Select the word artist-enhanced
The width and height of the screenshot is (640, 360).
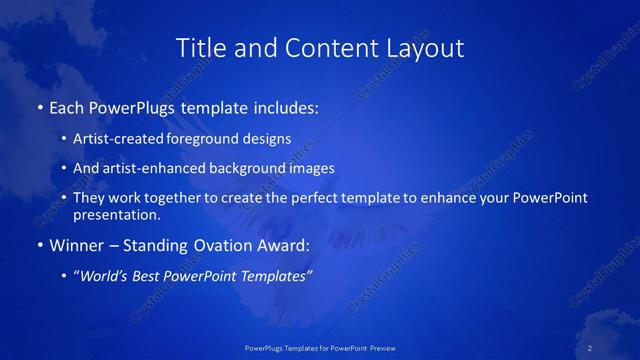coord(153,168)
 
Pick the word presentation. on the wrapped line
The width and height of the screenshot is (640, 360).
coord(117,214)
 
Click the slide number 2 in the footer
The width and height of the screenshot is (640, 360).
coord(590,347)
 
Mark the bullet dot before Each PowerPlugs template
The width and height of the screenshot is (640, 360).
coord(39,106)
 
